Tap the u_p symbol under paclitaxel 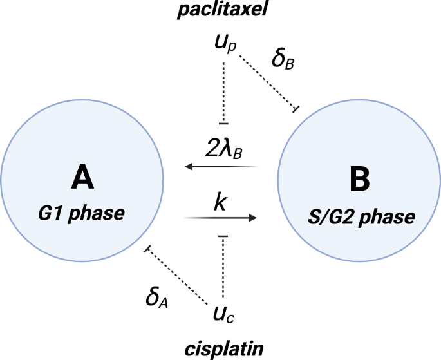pyautogui.click(x=223, y=44)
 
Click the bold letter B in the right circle pyautogui.click(x=359, y=180)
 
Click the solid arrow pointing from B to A pyautogui.click(x=222, y=167)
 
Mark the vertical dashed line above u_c pyautogui.click(x=223, y=268)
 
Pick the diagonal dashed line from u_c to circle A pyautogui.click(x=178, y=274)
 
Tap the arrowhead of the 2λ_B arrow pyautogui.click(x=189, y=167)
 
